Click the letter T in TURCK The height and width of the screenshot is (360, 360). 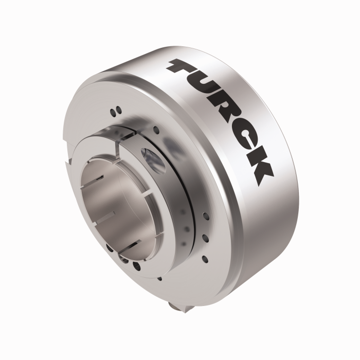tap(186, 68)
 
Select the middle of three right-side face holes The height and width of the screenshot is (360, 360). tap(205, 237)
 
